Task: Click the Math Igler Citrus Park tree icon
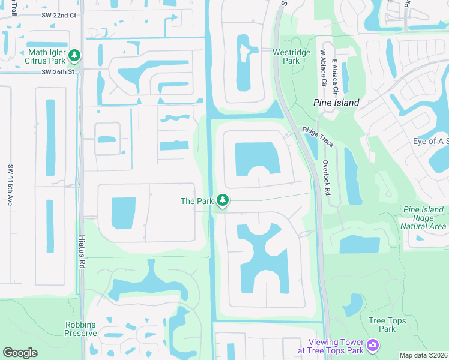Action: pyautogui.click(x=74, y=56)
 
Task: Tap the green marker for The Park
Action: pyautogui.click(x=223, y=200)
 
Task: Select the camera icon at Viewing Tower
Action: pyautogui.click(x=373, y=345)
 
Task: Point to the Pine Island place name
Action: pyautogui.click(x=336, y=103)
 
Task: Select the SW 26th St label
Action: pyautogui.click(x=58, y=72)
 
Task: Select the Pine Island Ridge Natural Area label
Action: pyautogui.click(x=424, y=218)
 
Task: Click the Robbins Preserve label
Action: pyautogui.click(x=81, y=329)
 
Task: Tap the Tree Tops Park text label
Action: pyautogui.click(x=387, y=325)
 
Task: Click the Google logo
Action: pyautogui.click(x=20, y=353)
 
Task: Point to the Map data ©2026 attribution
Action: pyautogui.click(x=423, y=355)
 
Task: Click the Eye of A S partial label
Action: pyautogui.click(x=430, y=141)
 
